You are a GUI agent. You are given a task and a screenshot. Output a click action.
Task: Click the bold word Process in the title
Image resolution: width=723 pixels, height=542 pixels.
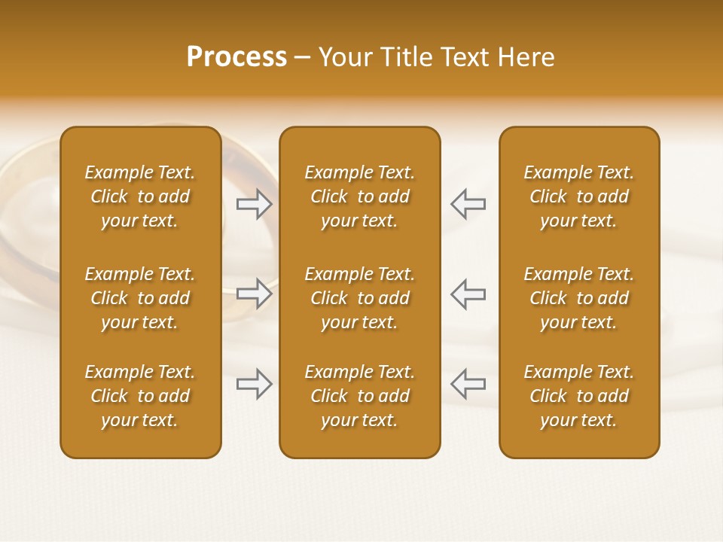(x=236, y=57)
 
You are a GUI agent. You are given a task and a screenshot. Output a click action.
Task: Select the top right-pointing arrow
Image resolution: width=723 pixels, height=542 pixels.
(x=255, y=204)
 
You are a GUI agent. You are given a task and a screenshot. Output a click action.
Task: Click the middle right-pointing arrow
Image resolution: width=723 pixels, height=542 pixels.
(x=255, y=294)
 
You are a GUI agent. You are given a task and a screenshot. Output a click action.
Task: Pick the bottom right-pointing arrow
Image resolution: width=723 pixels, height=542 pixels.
(x=255, y=384)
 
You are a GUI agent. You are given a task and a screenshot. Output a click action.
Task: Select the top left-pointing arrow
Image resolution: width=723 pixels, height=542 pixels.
(x=468, y=204)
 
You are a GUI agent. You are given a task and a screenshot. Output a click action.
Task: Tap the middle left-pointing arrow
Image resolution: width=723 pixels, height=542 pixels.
(x=468, y=294)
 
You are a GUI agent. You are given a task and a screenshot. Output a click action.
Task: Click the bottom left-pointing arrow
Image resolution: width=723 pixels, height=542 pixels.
(x=468, y=384)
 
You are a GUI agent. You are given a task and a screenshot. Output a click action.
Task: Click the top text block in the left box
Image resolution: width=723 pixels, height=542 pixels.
(x=140, y=196)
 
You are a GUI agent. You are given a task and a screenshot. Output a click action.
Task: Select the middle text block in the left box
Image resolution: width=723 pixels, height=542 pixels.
(x=140, y=298)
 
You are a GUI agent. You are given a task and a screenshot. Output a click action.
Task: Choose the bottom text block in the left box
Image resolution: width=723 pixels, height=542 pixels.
(x=140, y=396)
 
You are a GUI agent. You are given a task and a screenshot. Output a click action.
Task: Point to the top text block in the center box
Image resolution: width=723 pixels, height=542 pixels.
(x=359, y=196)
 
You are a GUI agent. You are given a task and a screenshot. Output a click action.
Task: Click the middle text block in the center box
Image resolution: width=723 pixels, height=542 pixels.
(x=359, y=298)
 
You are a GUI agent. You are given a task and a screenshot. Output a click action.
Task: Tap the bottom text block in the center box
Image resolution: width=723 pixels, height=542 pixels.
(x=359, y=396)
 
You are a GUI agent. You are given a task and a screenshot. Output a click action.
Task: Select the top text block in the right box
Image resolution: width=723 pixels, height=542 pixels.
(x=578, y=196)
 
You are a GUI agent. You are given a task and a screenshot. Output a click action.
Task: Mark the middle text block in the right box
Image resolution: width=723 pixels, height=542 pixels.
(x=578, y=298)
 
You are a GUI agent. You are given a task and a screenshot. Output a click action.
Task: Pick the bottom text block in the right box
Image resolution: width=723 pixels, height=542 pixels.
(x=578, y=396)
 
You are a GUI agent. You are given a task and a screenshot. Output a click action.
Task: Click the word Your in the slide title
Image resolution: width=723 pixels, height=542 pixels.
(x=343, y=57)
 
